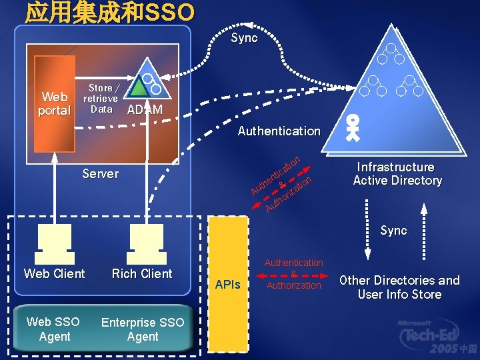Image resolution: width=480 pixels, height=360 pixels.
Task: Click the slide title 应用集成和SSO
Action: pyautogui.click(x=110, y=11)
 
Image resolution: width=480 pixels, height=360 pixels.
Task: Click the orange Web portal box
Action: pyautogui.click(x=54, y=103)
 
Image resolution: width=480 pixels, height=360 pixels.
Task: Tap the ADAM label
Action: pyautogui.click(x=144, y=110)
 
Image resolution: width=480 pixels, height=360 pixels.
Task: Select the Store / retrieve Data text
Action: pyautogui.click(x=101, y=98)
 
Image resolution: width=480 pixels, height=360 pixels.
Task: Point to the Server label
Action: pyautogui.click(x=100, y=174)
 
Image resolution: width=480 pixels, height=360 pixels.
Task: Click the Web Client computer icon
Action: pyautogui.click(x=55, y=244)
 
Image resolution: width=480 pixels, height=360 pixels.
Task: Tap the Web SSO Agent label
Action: pyautogui.click(x=54, y=329)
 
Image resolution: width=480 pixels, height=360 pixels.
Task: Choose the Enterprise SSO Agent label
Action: pyautogui.click(x=142, y=329)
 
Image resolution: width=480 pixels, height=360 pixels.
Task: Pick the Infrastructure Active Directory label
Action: pyautogui.click(x=397, y=174)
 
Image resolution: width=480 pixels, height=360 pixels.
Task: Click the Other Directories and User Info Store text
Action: pyautogui.click(x=399, y=287)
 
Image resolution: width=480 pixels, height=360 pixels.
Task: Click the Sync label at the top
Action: pyautogui.click(x=244, y=38)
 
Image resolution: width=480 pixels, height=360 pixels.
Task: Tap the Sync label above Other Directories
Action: pyautogui.click(x=393, y=231)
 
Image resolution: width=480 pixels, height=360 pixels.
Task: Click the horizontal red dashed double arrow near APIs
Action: pyautogui.click(x=293, y=274)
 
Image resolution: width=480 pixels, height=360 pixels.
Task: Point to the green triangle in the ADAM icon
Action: pyautogui.click(x=138, y=87)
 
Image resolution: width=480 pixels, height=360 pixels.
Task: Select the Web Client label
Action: pyautogui.click(x=55, y=274)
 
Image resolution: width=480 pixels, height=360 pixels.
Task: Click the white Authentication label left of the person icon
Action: pyautogui.click(x=279, y=131)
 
